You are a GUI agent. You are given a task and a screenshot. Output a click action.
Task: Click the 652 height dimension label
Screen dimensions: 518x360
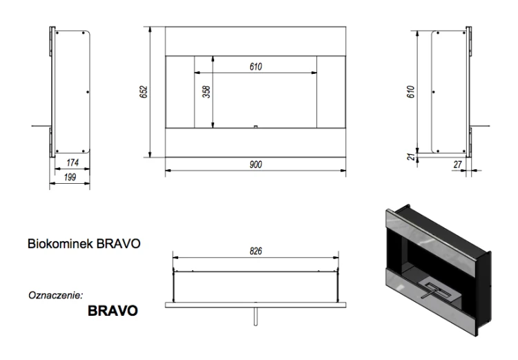[144, 92]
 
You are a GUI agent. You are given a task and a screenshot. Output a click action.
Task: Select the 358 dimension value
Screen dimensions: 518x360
[207, 92]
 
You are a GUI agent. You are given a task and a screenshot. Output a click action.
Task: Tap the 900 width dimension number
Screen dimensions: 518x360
[256, 164]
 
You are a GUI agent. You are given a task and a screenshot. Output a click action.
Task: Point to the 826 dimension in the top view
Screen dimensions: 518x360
[256, 252]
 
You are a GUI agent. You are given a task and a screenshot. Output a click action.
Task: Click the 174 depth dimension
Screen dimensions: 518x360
[73, 162]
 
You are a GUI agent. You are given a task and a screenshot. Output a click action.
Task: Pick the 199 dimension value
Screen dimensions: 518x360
[70, 178]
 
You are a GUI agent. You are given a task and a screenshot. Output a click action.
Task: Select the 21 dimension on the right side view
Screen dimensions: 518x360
[412, 156]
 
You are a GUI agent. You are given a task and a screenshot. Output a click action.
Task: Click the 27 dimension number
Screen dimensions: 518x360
[457, 164]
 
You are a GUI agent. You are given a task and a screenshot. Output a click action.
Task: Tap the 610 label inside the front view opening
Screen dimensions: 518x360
[256, 67]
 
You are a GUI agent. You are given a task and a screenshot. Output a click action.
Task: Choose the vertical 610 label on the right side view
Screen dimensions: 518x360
[411, 92]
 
